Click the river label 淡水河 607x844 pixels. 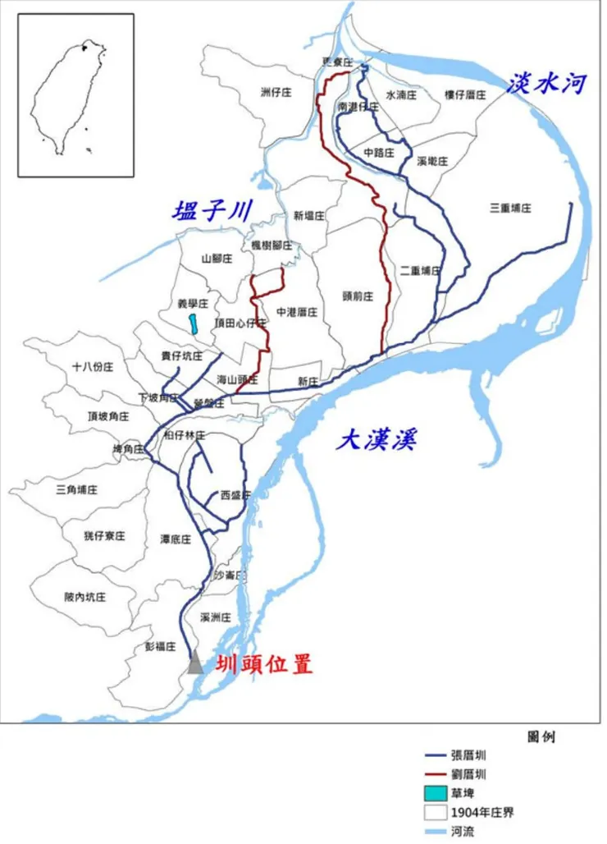tap(548, 83)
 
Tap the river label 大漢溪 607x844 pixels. tap(377, 440)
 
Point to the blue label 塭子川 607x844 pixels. tap(211, 211)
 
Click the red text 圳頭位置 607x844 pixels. tap(264, 664)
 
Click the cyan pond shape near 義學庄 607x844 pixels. tap(193, 323)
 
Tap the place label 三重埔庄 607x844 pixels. tap(510, 209)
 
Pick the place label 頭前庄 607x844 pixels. tap(358, 296)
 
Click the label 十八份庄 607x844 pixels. tap(92, 367)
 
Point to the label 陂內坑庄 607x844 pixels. tap(85, 597)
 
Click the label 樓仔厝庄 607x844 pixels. tap(466, 95)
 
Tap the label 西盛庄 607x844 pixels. tap(236, 495)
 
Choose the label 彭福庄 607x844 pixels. tap(161, 646)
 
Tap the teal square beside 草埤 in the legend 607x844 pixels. tap(435, 794)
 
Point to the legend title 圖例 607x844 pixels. tap(541, 736)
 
